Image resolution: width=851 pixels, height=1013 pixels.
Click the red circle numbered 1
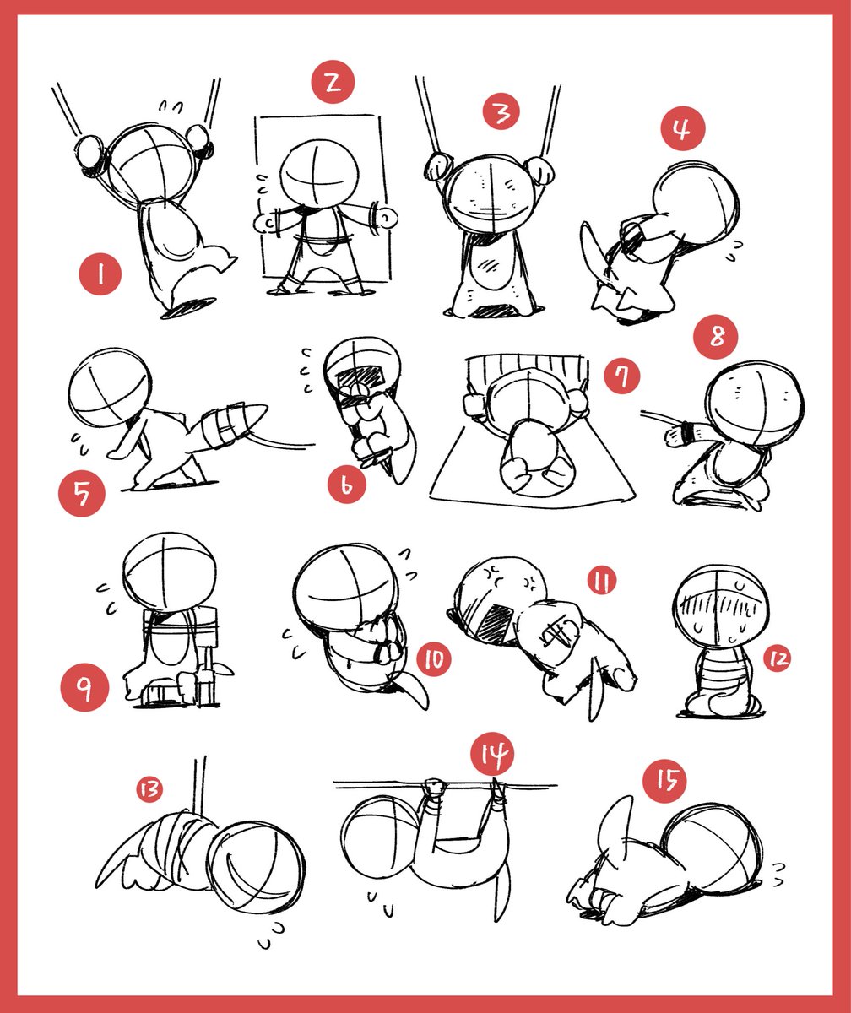[x=100, y=274]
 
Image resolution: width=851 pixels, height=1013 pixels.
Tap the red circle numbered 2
[x=333, y=82]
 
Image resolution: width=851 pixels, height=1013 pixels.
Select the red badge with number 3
[x=501, y=111]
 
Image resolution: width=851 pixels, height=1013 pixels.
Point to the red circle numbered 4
[x=683, y=128]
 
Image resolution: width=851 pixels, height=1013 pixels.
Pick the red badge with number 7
[x=622, y=376]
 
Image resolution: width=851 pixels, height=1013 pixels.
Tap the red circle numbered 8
[x=716, y=336]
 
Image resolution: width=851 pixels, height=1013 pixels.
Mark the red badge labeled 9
[x=84, y=688]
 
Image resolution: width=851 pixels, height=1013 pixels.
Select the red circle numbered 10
[x=434, y=659]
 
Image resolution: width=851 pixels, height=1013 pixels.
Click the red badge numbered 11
[x=602, y=581]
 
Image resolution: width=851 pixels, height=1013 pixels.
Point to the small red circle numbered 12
[x=778, y=658]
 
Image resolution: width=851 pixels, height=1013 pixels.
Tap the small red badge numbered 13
[x=149, y=789]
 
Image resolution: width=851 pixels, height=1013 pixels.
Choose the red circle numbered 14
[x=492, y=755]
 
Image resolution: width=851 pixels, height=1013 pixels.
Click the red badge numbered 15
[x=664, y=781]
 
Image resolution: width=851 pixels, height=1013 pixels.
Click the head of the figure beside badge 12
[x=721, y=606]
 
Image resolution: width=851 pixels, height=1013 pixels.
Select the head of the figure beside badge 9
[x=170, y=573]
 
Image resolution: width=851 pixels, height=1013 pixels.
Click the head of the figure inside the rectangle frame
[x=319, y=174]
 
